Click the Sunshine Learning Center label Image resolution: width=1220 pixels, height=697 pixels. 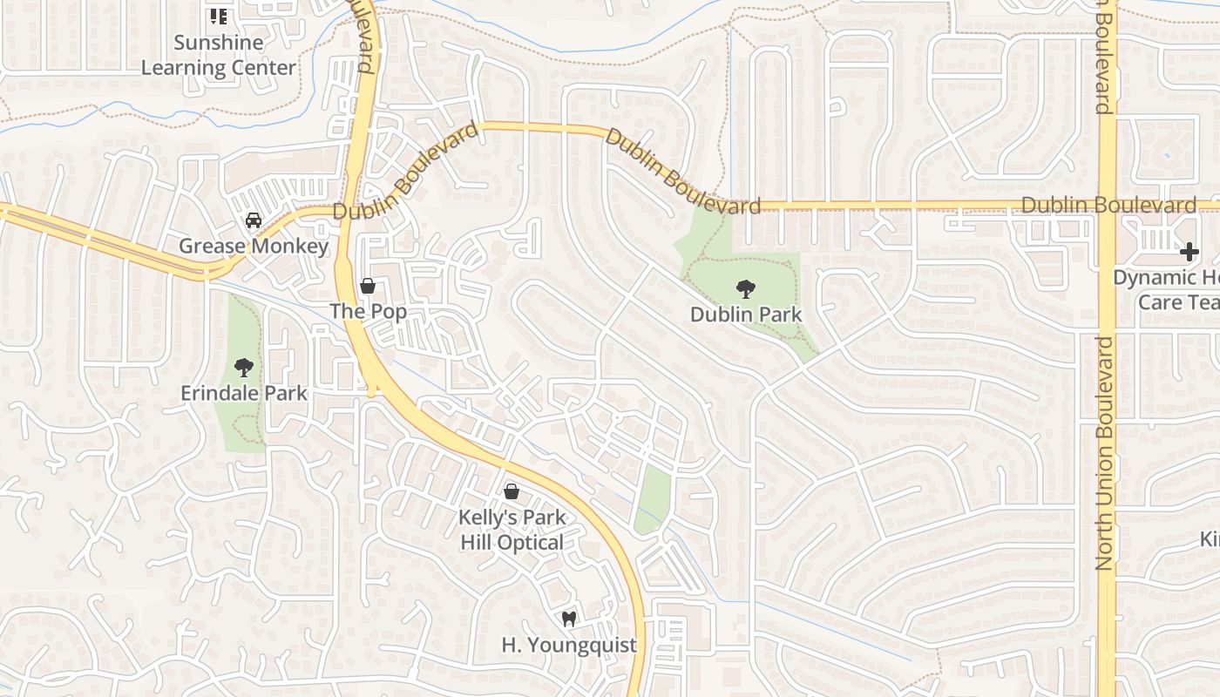219,55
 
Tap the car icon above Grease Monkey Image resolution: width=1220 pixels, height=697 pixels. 254,220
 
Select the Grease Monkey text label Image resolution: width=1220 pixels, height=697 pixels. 254,247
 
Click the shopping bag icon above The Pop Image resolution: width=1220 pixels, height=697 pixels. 368,286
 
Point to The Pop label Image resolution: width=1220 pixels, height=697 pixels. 368,312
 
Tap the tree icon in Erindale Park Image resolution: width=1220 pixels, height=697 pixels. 243,368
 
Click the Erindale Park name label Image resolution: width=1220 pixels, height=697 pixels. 244,393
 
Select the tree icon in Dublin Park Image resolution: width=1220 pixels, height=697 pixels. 745,288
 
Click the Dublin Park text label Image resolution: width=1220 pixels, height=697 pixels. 746,314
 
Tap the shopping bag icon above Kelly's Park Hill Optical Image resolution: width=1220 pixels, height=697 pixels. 512,492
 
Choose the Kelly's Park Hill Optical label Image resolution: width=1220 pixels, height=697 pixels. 512,530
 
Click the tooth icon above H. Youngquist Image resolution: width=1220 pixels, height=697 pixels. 569,619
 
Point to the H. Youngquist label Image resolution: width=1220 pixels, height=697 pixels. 569,646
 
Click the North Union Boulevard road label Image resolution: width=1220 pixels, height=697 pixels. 1105,453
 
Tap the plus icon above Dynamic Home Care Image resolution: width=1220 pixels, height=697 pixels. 1189,253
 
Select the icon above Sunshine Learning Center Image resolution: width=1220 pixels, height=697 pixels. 219,17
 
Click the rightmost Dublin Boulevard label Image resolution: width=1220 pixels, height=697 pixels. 1108,206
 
